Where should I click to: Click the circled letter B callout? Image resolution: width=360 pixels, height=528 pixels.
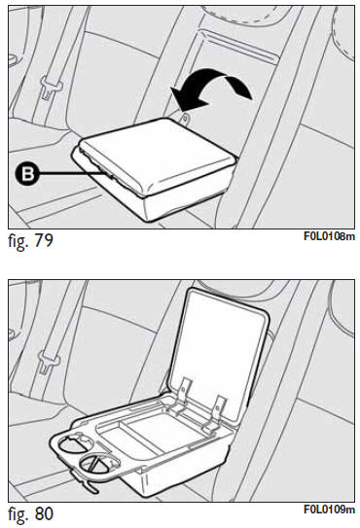click(26, 174)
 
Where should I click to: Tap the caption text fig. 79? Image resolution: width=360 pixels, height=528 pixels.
click(31, 240)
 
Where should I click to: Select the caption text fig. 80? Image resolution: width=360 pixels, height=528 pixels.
click(31, 513)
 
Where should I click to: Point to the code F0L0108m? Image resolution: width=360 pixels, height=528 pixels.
click(329, 236)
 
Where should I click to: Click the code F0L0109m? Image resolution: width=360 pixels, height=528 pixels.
click(329, 510)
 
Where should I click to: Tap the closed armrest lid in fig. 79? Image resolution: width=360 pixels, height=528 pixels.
click(157, 156)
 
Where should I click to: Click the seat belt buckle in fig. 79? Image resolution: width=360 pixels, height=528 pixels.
click(51, 88)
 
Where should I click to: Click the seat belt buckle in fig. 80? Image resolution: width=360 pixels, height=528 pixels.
click(49, 362)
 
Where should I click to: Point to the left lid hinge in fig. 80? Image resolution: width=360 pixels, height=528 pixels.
click(182, 392)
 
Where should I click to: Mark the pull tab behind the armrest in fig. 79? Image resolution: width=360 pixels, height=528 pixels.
click(184, 118)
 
